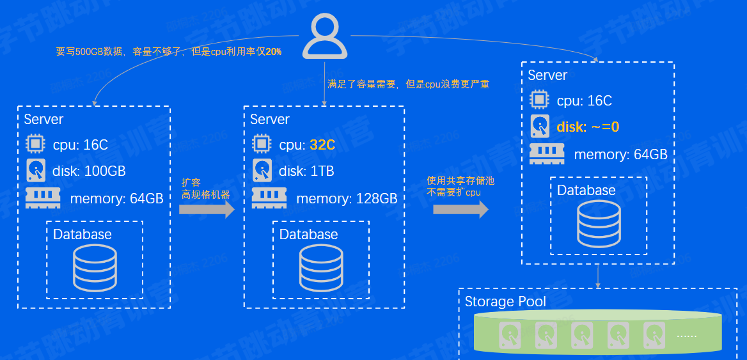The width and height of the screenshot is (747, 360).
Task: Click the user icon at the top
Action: coord(325,38)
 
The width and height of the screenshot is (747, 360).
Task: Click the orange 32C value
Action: coord(322,145)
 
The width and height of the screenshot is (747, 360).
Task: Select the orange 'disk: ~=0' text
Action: coord(588,127)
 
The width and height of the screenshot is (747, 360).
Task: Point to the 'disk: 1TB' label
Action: coord(306,171)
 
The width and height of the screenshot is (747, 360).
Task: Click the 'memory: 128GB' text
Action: coord(347,199)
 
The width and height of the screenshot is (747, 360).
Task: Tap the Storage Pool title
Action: coord(505,302)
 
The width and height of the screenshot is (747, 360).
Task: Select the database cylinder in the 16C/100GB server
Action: coord(95,267)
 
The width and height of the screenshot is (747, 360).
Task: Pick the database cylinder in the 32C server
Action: coord(321,267)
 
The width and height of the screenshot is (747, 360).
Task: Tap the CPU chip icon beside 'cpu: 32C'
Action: coord(261,144)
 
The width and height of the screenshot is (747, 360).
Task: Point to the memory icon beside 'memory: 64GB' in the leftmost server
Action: coord(43,198)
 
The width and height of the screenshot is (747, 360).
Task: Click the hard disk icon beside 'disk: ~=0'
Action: coord(540,126)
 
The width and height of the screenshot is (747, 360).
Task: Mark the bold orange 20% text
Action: coord(274,51)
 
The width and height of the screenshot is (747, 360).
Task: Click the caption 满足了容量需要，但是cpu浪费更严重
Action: coord(409,84)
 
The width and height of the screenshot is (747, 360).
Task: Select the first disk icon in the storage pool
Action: coord(510,334)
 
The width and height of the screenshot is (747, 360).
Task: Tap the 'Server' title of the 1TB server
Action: coord(270,120)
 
